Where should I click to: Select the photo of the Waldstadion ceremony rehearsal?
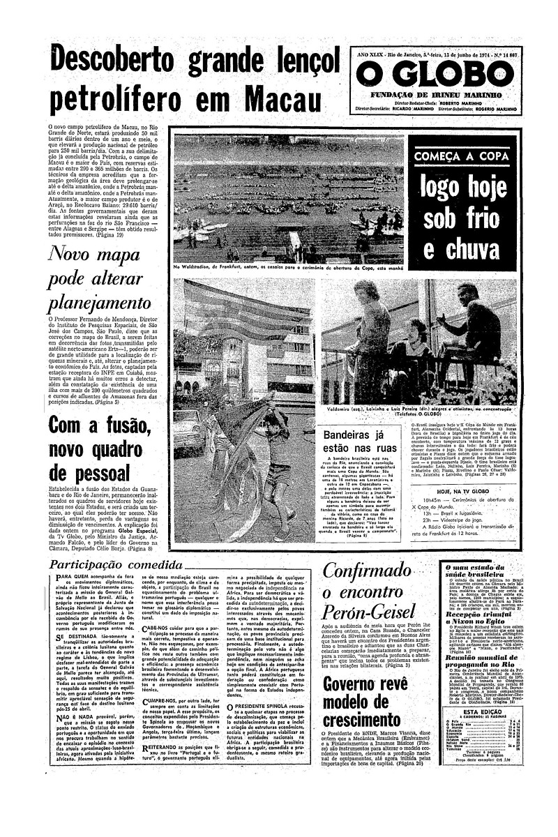click(x=288, y=197)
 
